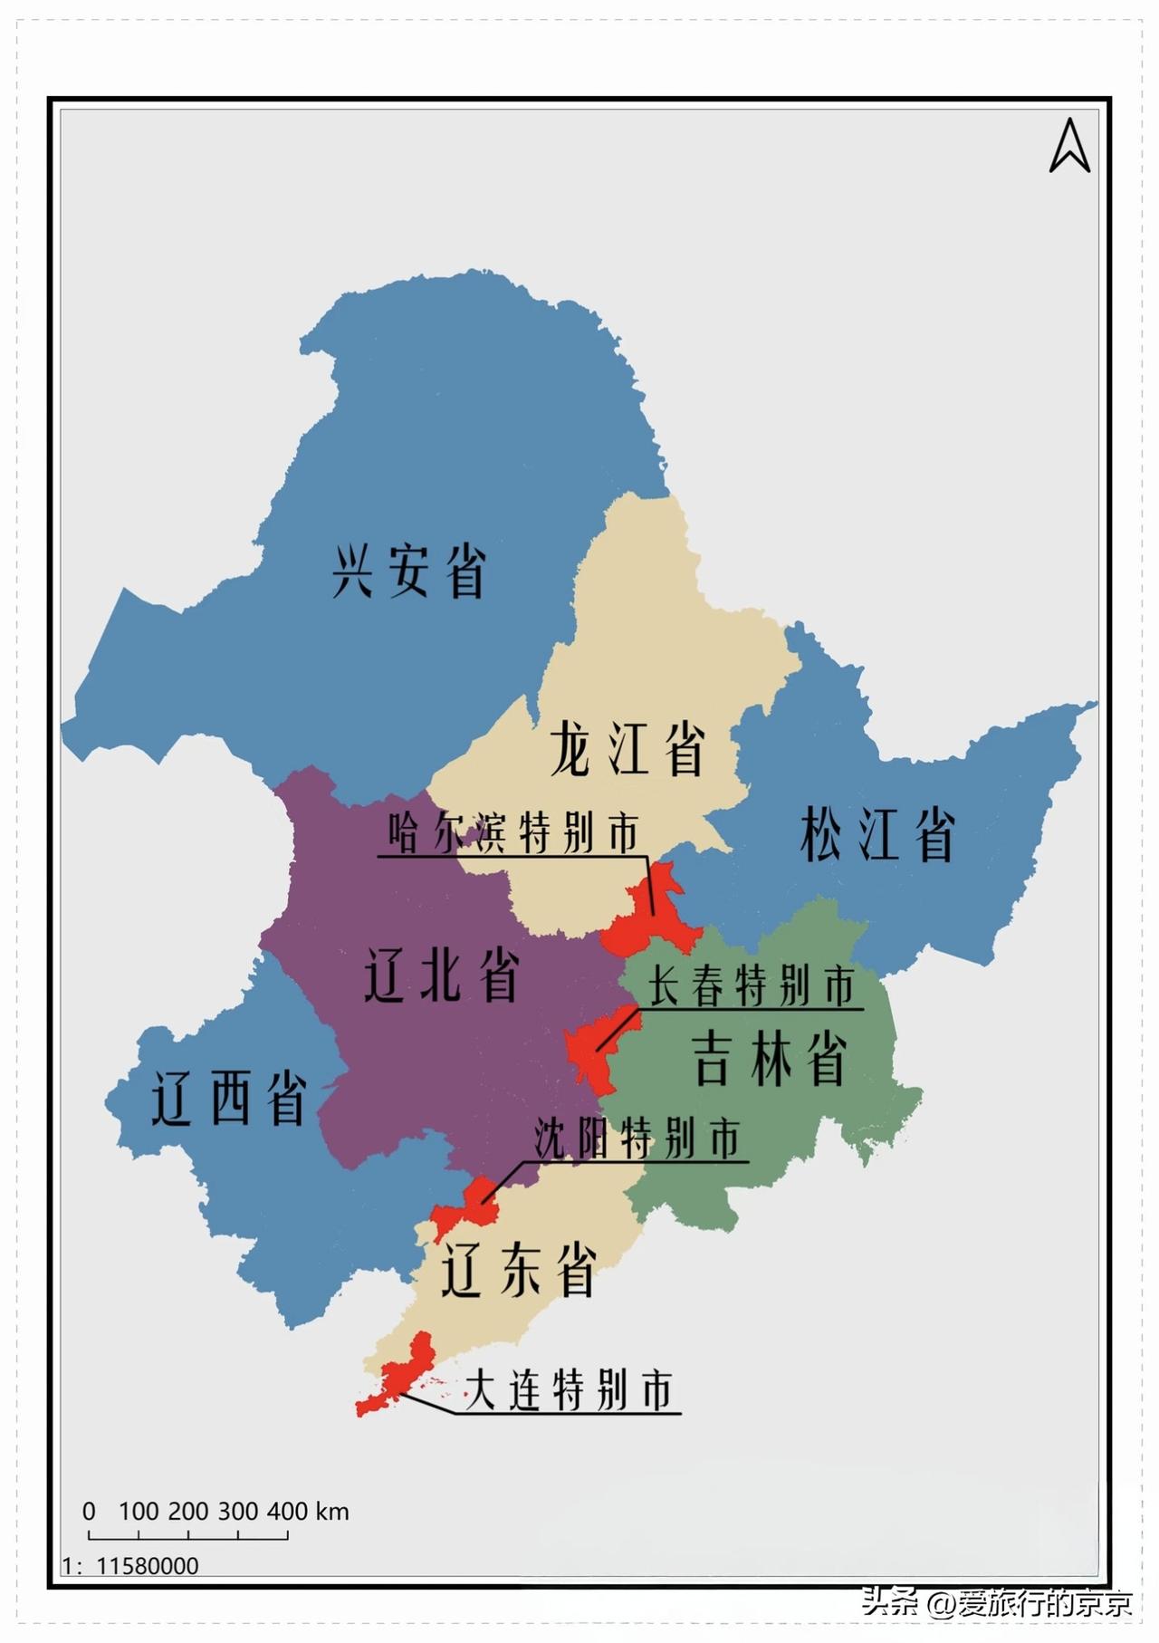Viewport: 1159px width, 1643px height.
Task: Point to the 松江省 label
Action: (x=876, y=834)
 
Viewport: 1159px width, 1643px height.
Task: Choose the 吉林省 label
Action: (x=769, y=1059)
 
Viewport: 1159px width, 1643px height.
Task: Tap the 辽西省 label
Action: (x=228, y=1098)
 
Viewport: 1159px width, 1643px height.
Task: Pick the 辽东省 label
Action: (x=518, y=1270)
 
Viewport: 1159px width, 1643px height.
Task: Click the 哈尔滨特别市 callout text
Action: (x=513, y=832)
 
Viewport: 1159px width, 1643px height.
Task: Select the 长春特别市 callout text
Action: (x=752, y=985)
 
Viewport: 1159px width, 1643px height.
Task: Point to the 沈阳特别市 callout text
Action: (x=637, y=1139)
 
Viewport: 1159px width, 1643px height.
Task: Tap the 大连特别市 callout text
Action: (x=569, y=1390)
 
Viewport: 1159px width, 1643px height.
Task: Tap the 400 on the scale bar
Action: (x=288, y=1511)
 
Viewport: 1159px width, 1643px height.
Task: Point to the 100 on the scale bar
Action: (x=139, y=1511)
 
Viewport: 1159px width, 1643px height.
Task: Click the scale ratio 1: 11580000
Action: (x=130, y=1565)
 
